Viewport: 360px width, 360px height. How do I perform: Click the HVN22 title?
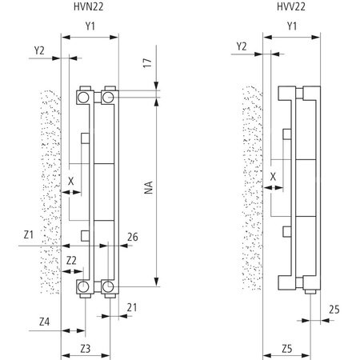point(89,8)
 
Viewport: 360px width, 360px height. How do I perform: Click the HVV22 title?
point(290,8)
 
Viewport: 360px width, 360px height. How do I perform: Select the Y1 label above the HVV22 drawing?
point(292,26)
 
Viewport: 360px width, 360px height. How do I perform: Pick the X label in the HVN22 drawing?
point(71,181)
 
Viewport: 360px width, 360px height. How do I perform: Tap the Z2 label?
point(71,260)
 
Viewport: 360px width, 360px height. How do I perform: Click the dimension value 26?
point(133,236)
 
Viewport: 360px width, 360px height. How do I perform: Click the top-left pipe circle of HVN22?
point(83,97)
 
